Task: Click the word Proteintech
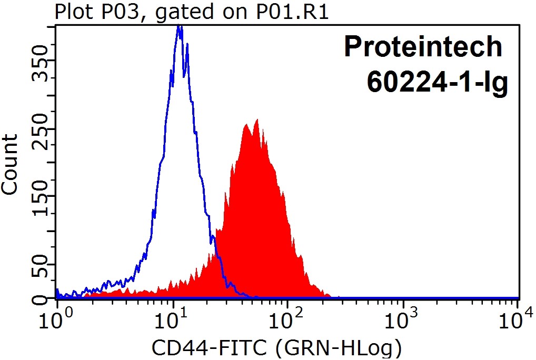[423, 47]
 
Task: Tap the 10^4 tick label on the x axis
[519, 317]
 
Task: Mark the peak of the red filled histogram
[256, 121]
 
